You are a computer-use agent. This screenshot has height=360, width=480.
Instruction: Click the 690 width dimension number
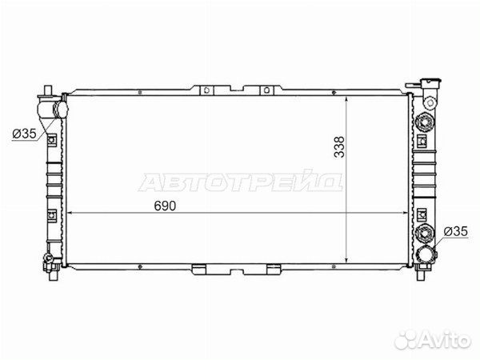click(165, 206)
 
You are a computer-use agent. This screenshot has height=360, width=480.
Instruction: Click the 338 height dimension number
click(339, 147)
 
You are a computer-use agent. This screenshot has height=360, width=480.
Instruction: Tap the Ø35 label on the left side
click(24, 133)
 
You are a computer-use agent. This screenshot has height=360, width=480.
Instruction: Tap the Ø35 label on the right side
click(455, 231)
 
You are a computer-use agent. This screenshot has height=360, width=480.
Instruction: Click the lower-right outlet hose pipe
click(426, 254)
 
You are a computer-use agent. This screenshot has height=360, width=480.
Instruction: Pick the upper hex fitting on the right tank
click(425, 122)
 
